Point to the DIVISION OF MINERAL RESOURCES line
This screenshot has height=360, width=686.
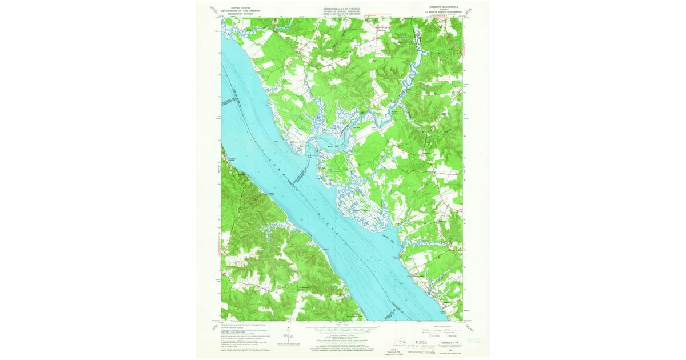[x=343, y=11]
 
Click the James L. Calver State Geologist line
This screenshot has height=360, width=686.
[x=343, y=14]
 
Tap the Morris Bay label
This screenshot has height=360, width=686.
[x=318, y=146]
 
